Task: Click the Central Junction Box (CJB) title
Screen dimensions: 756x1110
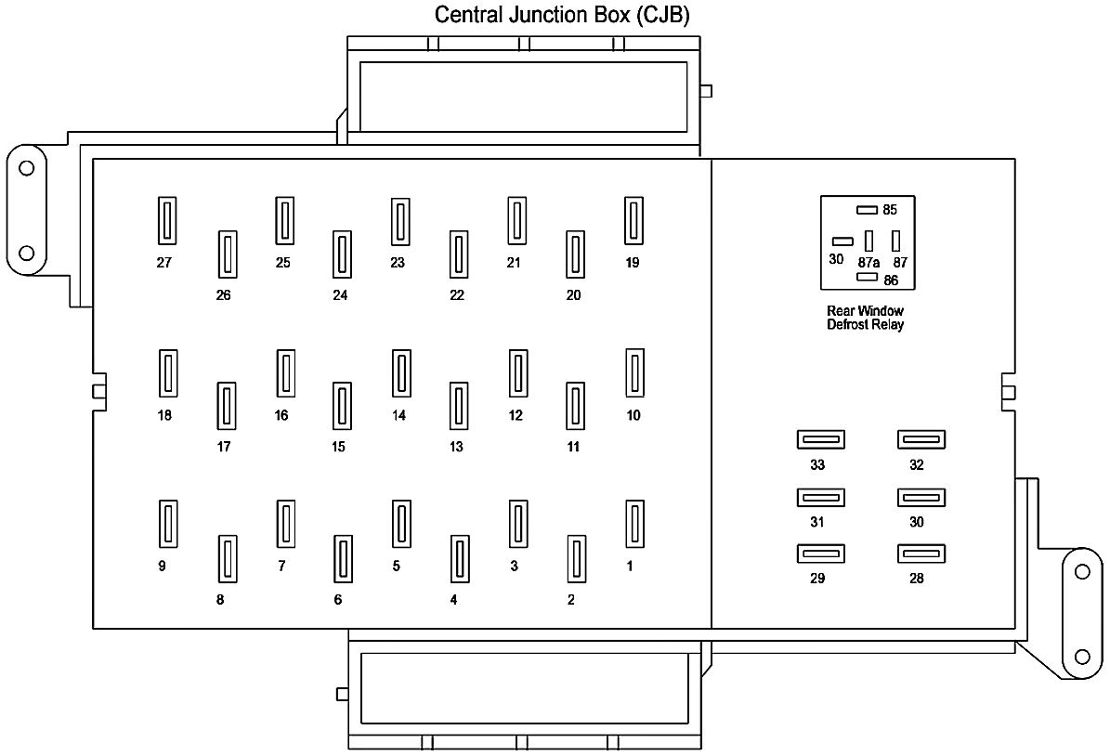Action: pos(563,16)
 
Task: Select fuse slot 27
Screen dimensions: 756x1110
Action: pos(167,221)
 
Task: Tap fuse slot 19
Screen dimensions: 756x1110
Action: pos(634,221)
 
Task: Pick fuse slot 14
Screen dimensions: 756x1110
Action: pos(401,373)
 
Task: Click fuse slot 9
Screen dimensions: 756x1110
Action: pos(168,524)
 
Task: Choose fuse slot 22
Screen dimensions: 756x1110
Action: pos(458,254)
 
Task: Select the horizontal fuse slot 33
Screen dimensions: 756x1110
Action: pos(820,439)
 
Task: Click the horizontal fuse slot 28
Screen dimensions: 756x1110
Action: pos(921,554)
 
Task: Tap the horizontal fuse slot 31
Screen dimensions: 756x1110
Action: pos(820,498)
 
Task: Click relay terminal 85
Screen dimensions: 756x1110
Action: pos(867,210)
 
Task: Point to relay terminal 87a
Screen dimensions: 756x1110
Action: pos(868,240)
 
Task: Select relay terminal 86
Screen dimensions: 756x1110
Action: pos(868,277)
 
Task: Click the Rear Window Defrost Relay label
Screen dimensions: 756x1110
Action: pos(865,318)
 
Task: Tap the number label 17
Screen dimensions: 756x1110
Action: pos(223,447)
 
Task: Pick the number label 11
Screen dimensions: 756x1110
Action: pos(573,447)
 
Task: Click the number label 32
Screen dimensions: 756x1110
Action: pos(917,464)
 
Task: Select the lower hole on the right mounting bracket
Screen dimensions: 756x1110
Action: pos(1081,656)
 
